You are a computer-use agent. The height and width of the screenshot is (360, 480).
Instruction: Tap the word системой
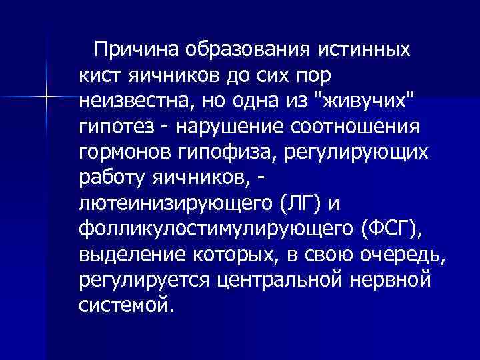126,307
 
